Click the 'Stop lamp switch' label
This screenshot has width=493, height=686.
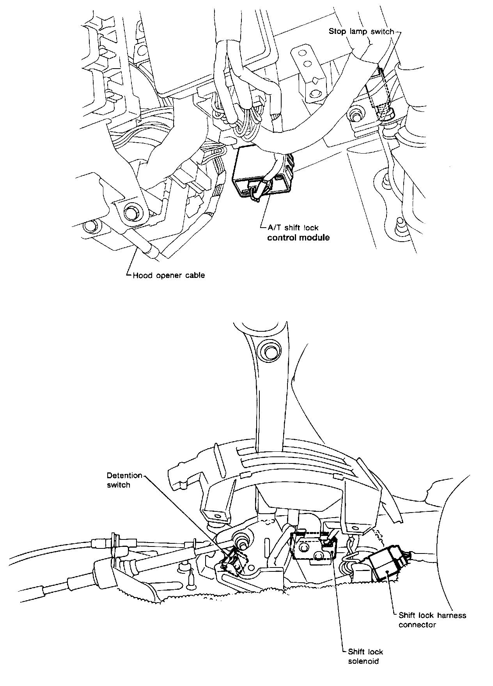(x=361, y=31)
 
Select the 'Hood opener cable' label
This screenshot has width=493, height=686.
(x=168, y=275)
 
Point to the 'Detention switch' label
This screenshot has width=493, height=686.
(x=124, y=480)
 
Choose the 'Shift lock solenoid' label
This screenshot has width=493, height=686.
(x=365, y=656)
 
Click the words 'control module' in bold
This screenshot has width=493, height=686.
(x=298, y=237)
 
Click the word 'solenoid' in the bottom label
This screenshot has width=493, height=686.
(x=363, y=661)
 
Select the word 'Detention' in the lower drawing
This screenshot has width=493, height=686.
(x=124, y=476)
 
